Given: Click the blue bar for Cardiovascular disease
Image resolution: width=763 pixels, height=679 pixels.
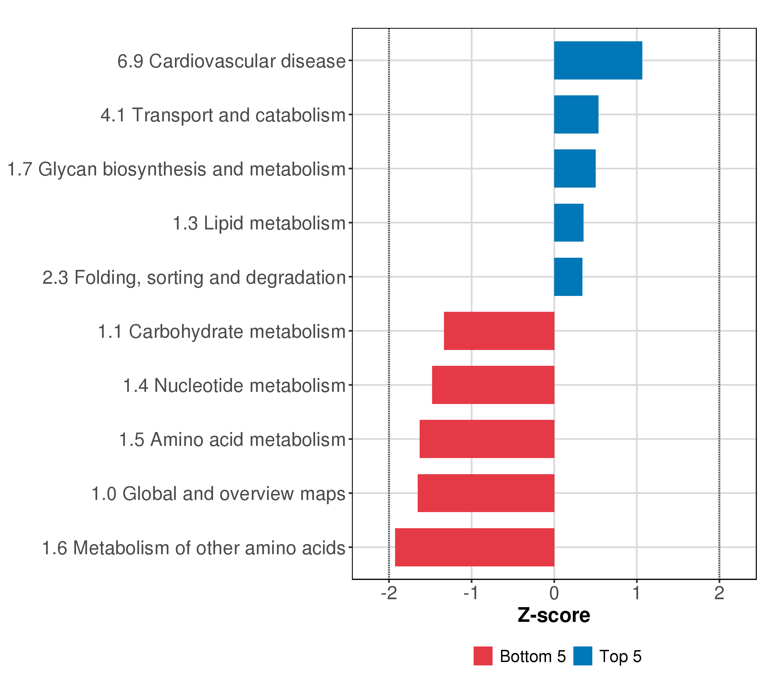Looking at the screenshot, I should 598,60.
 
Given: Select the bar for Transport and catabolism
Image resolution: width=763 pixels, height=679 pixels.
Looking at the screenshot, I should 576,114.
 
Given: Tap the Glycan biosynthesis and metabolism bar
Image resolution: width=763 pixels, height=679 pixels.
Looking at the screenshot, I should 575,169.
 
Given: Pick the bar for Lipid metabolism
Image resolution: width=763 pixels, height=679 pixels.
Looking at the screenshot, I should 569,223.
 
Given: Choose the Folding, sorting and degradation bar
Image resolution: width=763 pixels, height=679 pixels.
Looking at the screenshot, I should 568,277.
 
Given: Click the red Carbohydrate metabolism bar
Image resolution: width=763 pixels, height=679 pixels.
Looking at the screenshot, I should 499,331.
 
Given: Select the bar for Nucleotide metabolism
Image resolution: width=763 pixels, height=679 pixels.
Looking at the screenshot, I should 493,385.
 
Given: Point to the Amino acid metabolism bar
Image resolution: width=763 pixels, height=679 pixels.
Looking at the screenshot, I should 487,439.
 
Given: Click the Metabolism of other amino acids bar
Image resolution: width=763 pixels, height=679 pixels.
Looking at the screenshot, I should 474,547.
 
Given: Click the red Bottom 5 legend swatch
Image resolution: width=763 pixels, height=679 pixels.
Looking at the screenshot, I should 483,656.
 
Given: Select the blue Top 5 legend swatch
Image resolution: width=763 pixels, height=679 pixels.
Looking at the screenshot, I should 582,656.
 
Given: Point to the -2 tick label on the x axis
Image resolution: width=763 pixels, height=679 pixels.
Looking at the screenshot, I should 389,593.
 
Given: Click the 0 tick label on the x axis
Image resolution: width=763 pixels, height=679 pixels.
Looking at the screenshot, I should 554,593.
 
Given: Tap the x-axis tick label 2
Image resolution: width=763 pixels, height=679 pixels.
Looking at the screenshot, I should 719,593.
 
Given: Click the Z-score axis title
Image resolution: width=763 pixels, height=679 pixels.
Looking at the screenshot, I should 554,615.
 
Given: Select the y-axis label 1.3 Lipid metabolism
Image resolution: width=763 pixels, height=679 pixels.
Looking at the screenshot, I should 259,223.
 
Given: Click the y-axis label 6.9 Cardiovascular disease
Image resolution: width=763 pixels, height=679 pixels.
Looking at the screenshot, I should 231,61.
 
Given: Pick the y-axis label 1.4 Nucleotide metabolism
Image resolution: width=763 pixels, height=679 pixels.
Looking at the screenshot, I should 235,385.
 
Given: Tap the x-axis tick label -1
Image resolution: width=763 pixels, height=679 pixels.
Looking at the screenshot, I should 471,593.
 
